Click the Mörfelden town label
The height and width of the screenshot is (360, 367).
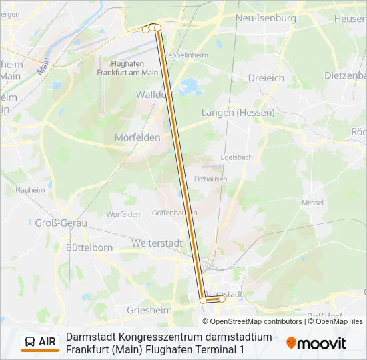coord(137,137)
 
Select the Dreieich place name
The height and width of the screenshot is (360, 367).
coord(266,78)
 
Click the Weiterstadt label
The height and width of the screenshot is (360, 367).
coord(157,243)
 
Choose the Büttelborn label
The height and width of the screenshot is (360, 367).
coord(89,247)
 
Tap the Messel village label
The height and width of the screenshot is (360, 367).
coord(312,202)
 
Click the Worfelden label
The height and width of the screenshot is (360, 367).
coord(123,214)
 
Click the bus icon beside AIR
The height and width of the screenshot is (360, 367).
coord(30,342)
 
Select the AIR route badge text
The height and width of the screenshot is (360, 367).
coord(48,342)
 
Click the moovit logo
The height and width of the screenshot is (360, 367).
coord(316,343)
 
